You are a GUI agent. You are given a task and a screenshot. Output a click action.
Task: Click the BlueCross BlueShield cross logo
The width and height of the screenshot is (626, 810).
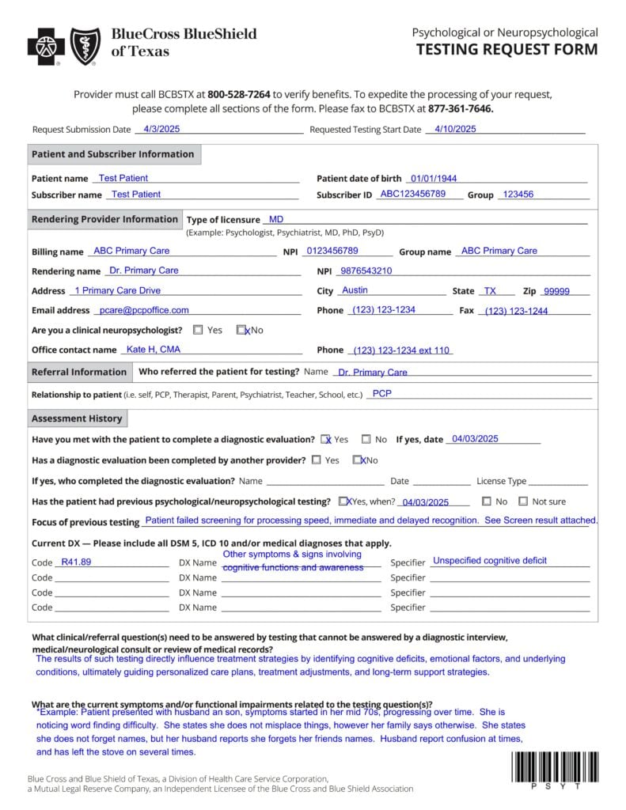click(46, 46)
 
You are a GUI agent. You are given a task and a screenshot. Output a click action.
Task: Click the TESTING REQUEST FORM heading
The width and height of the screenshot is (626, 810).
click(506, 50)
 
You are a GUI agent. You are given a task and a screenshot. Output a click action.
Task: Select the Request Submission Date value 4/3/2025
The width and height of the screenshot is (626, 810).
click(150, 129)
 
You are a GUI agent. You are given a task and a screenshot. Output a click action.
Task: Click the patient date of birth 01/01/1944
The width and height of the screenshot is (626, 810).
click(434, 179)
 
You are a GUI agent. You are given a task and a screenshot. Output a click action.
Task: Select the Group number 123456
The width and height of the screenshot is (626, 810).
click(518, 195)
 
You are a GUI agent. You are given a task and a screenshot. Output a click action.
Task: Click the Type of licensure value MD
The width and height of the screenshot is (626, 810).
click(276, 219)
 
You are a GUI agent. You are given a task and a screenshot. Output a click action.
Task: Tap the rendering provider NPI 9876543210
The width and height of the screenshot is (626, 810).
click(366, 271)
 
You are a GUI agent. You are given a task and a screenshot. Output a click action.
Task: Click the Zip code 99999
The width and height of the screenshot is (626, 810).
click(556, 291)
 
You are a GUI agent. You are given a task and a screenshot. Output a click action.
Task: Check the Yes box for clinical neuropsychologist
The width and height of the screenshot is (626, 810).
click(198, 330)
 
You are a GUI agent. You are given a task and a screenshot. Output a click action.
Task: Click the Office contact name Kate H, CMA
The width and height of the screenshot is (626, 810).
click(154, 350)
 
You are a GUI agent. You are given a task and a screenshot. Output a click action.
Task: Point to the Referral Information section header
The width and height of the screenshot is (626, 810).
click(79, 372)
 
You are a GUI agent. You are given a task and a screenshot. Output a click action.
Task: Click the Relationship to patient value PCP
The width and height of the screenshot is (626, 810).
click(381, 393)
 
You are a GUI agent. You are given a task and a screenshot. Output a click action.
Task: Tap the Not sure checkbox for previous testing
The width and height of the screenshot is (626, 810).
click(523, 501)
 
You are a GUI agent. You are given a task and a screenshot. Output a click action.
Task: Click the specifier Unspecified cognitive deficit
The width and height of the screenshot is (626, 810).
click(489, 561)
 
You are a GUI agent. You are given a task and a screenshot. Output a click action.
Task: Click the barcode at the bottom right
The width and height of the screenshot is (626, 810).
click(555, 766)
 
